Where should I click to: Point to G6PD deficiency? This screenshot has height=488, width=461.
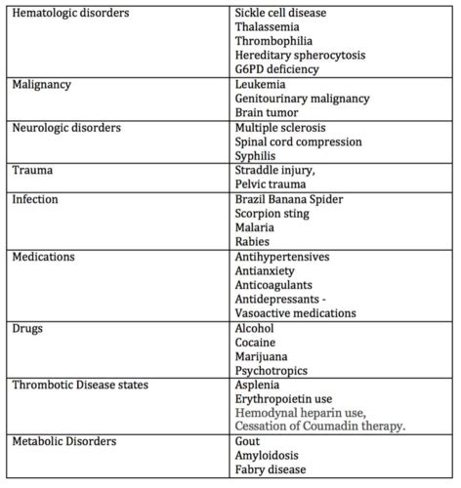click(278, 70)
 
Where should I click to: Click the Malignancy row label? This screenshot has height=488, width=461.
click(42, 85)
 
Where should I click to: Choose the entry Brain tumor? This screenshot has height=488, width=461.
click(268, 113)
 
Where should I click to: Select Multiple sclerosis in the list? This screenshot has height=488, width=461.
click(281, 128)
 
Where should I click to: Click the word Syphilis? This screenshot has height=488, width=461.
click(258, 156)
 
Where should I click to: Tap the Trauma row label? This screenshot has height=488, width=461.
click(31, 171)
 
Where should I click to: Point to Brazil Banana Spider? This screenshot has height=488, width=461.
click(290, 199)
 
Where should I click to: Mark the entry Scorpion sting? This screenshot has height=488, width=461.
click(274, 214)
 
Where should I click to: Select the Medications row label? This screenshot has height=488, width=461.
click(45, 257)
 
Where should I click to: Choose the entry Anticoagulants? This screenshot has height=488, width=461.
click(275, 285)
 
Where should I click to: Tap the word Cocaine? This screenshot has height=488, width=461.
click(256, 343)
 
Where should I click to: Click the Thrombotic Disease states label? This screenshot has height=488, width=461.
click(80, 385)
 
